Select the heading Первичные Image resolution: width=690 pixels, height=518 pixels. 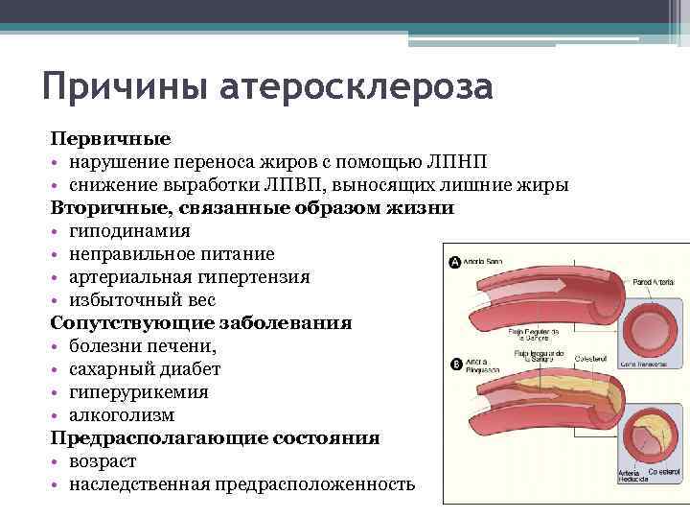point(110,139)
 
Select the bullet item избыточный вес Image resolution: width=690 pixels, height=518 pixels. point(135,300)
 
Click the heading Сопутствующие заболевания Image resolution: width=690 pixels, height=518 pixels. point(200,323)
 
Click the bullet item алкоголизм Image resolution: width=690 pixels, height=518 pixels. point(122,415)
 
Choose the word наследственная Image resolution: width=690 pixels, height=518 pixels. point(140,484)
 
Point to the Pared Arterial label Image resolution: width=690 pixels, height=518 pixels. point(655,282)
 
